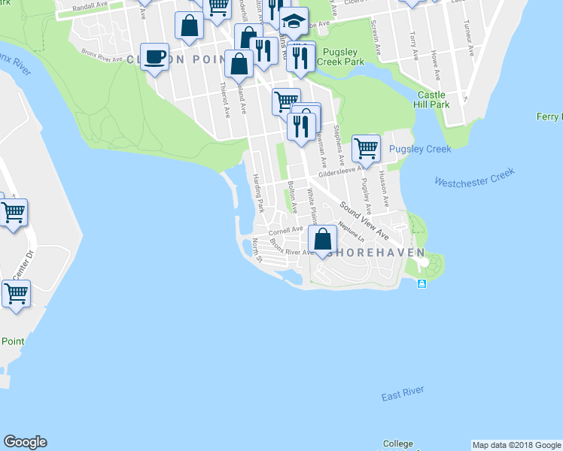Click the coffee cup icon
pyautogui.click(x=155, y=57)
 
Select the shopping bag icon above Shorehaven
pyautogui.click(x=323, y=240)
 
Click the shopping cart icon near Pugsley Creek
pyautogui.click(x=366, y=149)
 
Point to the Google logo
pyautogui.click(x=25, y=442)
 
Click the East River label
pyautogui.click(x=403, y=394)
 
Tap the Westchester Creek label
pyautogui.click(x=474, y=177)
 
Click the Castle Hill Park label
pyautogui.click(x=433, y=99)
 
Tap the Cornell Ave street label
pyautogui.click(x=285, y=229)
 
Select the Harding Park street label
pyautogui.click(x=258, y=192)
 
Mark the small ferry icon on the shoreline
pyautogui.click(x=421, y=283)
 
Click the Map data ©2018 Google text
pyautogui.click(x=516, y=444)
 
